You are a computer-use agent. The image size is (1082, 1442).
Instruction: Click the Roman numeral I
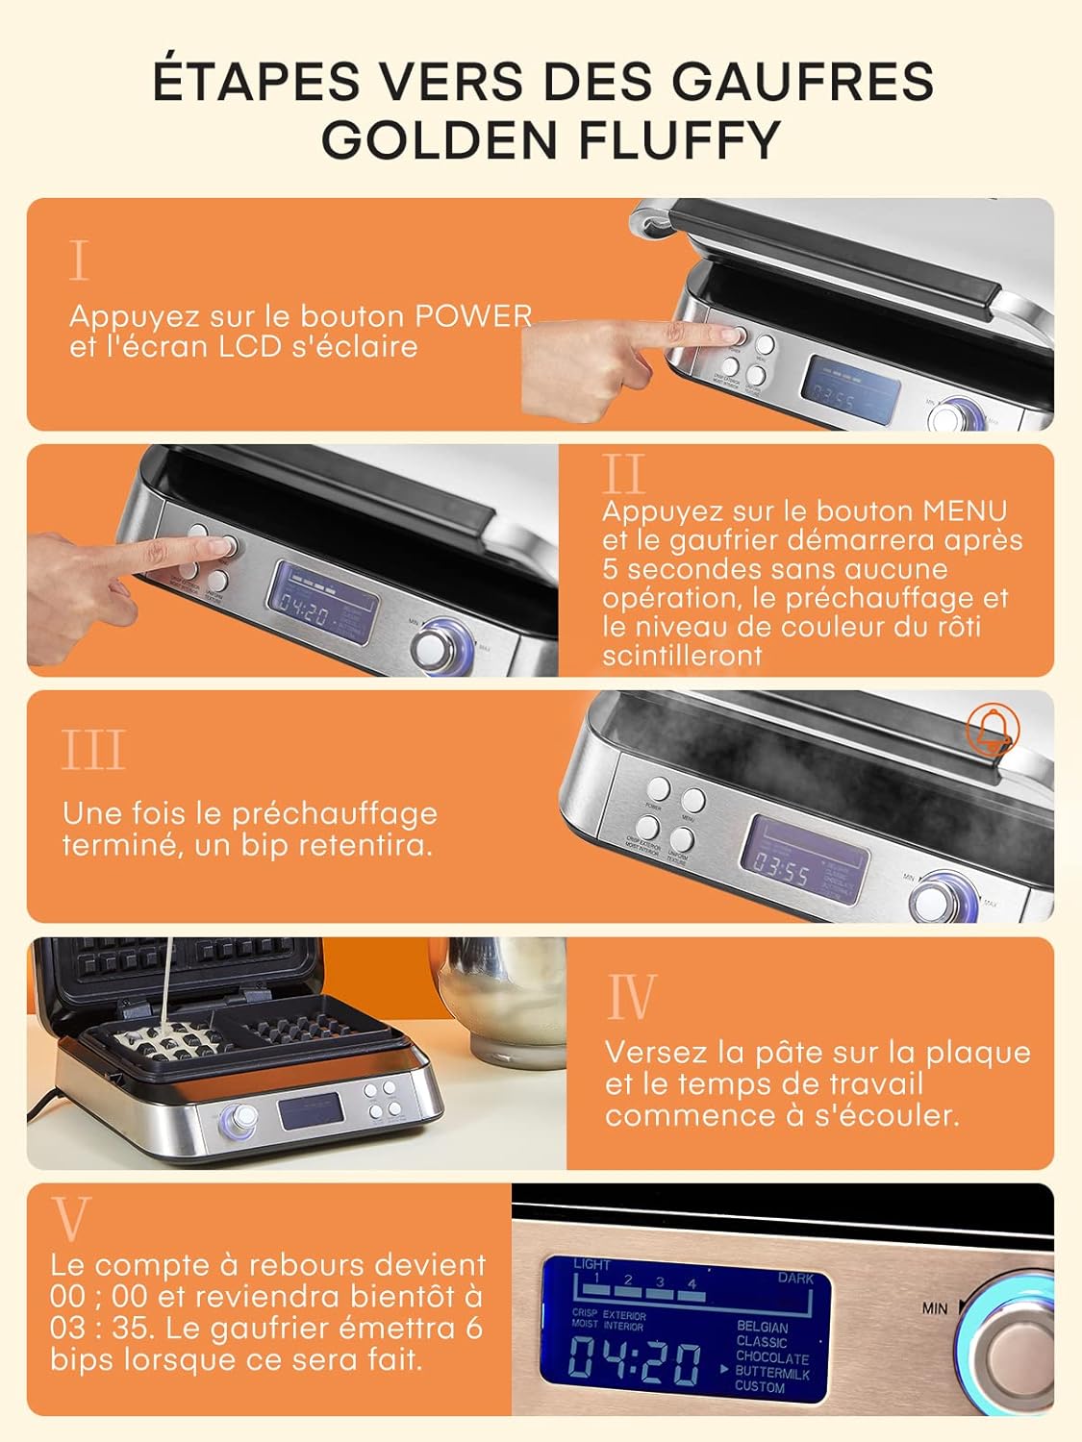pyautogui.click(x=79, y=261)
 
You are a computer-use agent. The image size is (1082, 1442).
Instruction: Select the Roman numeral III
pyautogui.click(x=93, y=751)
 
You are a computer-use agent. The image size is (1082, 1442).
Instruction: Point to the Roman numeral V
pyautogui.click(x=70, y=1219)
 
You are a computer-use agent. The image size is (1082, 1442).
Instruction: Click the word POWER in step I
pyautogui.click(x=473, y=316)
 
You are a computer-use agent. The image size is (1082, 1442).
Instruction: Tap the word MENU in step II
pyautogui.click(x=965, y=510)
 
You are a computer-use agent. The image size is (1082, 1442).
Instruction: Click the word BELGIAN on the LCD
pyautogui.click(x=762, y=1327)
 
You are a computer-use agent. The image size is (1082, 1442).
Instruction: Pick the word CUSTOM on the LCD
pyautogui.click(x=760, y=1387)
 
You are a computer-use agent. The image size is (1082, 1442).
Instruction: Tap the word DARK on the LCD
pyautogui.click(x=795, y=1279)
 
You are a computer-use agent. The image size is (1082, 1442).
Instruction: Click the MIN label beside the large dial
pyautogui.click(x=935, y=1308)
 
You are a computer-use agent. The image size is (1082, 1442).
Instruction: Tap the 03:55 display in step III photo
pyautogui.click(x=781, y=873)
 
